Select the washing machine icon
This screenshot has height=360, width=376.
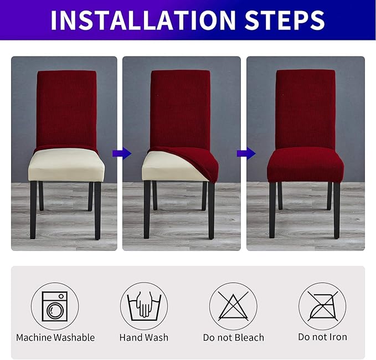coord(55,306)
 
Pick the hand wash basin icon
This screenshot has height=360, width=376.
coord(144,306)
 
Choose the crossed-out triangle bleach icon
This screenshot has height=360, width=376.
coord(233,306)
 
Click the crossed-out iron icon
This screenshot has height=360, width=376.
coord(322,306)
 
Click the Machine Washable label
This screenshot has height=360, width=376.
coord(55,337)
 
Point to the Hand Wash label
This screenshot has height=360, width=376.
coord(144,337)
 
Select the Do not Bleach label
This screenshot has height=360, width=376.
coord(233,337)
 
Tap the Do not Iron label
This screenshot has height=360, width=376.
coord(322,337)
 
